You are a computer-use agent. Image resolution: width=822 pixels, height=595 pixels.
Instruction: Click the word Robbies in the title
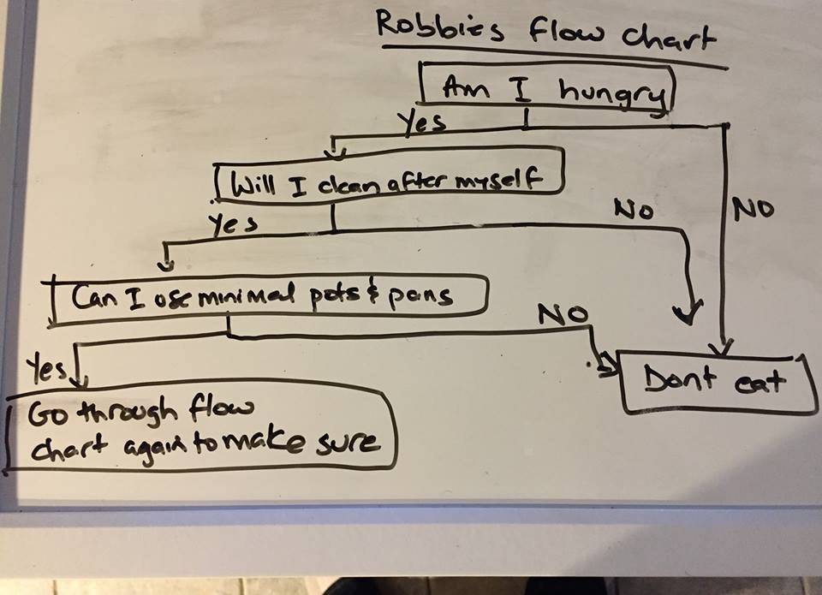pyautogui.click(x=432, y=28)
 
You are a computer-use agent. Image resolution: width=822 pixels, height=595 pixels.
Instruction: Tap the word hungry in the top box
pyautogui.click(x=613, y=93)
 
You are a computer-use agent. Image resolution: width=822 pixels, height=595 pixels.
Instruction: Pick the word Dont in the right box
pyautogui.click(x=682, y=378)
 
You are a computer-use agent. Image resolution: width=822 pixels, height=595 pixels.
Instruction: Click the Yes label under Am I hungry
pyautogui.click(x=424, y=124)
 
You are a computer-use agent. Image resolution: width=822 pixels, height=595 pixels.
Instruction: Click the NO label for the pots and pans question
pyautogui.click(x=563, y=315)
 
